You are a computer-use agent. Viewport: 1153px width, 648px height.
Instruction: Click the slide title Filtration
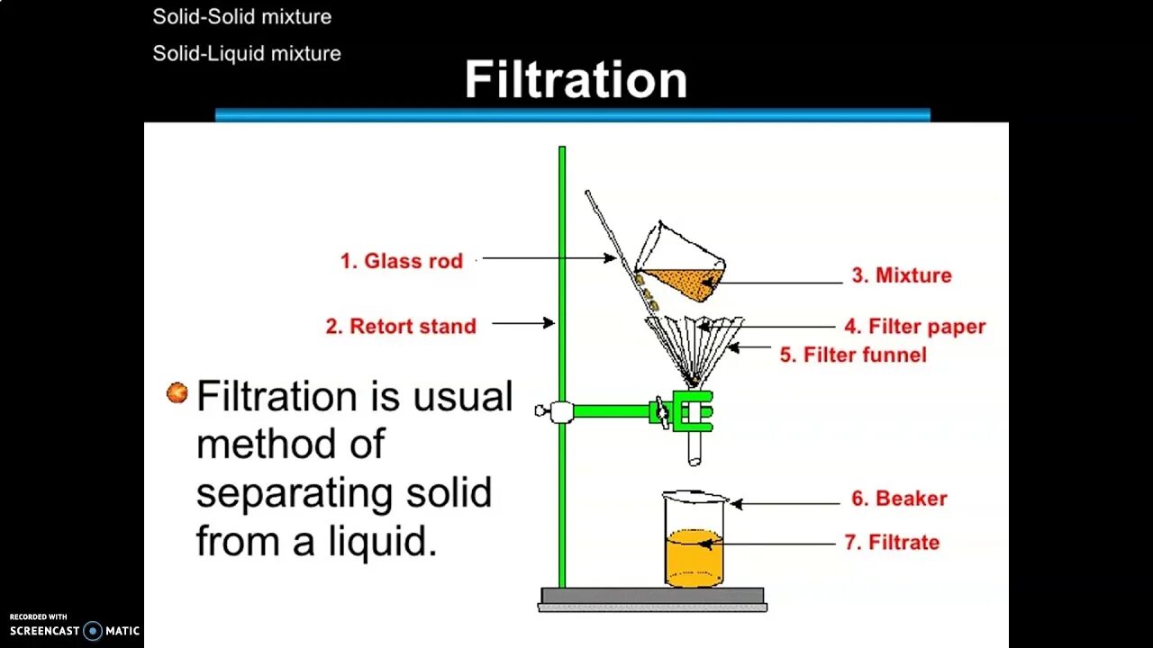click(x=576, y=80)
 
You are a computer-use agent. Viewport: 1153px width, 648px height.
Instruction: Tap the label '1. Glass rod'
click(x=401, y=261)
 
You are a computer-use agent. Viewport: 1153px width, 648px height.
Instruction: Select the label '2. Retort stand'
click(x=401, y=326)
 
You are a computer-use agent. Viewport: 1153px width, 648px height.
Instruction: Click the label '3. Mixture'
click(x=902, y=275)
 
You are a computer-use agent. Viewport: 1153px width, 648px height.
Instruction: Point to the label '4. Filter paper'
click(x=914, y=327)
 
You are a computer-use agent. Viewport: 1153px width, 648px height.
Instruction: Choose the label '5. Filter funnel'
click(x=853, y=355)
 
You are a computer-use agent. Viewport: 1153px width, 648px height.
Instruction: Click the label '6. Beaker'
click(x=899, y=499)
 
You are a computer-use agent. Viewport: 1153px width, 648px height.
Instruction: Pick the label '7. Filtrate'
click(x=892, y=542)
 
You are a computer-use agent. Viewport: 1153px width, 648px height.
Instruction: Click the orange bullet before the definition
click(x=177, y=393)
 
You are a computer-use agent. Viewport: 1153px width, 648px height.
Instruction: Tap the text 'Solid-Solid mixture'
click(x=241, y=16)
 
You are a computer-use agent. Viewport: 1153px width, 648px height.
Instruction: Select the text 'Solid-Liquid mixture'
click(x=247, y=53)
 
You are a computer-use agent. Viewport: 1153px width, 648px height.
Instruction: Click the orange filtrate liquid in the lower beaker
click(x=694, y=558)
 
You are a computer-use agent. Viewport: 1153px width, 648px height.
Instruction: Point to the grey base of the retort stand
click(x=652, y=597)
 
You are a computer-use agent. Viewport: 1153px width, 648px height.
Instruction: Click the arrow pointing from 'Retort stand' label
click(x=522, y=323)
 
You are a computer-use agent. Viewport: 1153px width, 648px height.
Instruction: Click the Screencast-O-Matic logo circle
click(x=93, y=631)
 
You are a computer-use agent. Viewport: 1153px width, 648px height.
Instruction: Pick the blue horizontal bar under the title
click(x=572, y=114)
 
